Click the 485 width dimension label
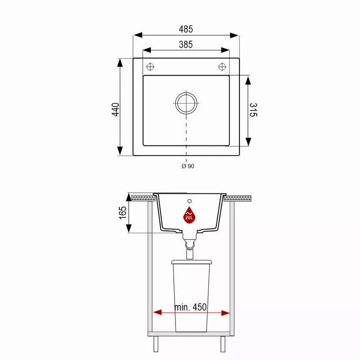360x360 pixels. [186, 29]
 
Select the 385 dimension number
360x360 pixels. [186, 45]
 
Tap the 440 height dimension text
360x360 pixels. [116, 109]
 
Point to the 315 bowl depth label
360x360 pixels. [253, 110]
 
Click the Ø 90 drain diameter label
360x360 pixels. [188, 166]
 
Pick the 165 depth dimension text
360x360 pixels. [123, 213]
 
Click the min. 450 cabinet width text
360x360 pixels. [190, 307]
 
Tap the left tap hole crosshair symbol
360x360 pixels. [150, 67]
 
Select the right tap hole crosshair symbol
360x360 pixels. [222, 67]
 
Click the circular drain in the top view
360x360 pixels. [186, 103]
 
